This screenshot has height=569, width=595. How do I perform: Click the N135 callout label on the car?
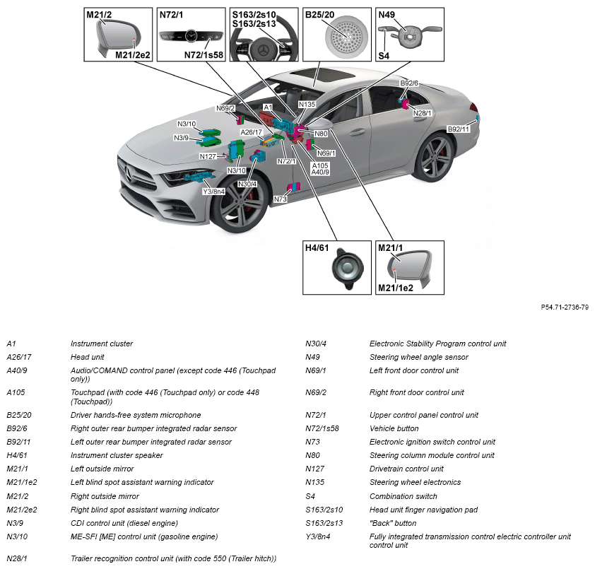pos(307,105)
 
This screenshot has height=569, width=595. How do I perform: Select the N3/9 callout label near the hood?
pos(182,138)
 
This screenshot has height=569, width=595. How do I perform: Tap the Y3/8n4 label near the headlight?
pos(213,192)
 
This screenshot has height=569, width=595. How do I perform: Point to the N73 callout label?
pos(281,199)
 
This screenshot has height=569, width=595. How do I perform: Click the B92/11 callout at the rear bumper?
pos(459,129)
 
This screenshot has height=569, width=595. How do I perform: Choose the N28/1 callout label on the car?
pos(422,113)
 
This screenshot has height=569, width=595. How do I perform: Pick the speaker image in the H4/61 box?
pos(347,269)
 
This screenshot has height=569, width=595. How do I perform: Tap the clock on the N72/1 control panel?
pos(192,35)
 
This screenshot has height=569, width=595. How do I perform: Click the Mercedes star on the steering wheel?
pos(264,50)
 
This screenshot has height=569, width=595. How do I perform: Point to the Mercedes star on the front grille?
pos(128,174)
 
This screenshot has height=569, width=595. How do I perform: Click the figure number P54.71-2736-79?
pos(565,307)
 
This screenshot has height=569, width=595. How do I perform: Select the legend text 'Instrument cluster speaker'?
pos(117,455)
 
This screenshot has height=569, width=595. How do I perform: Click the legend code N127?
pos(315,469)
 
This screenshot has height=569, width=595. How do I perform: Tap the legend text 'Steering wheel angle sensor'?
pos(419,357)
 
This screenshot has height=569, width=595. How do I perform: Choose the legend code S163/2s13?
pos(324,523)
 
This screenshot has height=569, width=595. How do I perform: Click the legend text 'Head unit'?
pos(88,357)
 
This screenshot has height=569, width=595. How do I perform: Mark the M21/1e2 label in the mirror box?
pos(396,288)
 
